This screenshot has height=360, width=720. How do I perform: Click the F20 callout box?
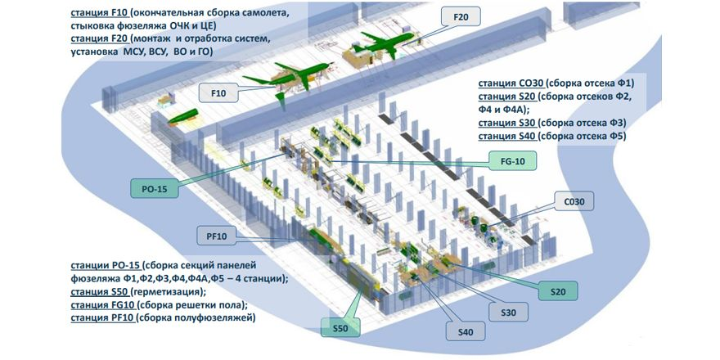pyautogui.click(x=461, y=16)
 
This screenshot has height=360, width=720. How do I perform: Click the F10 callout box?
pyautogui.click(x=218, y=93)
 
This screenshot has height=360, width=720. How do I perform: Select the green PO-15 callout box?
pyautogui.click(x=155, y=190)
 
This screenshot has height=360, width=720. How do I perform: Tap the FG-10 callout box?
pyautogui.click(x=512, y=160)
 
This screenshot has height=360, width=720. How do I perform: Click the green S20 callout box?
pyautogui.click(x=558, y=290)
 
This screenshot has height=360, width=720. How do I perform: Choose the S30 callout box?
pyautogui.click(x=508, y=312)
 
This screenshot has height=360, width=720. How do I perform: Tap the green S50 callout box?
pyautogui.click(x=340, y=330)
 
